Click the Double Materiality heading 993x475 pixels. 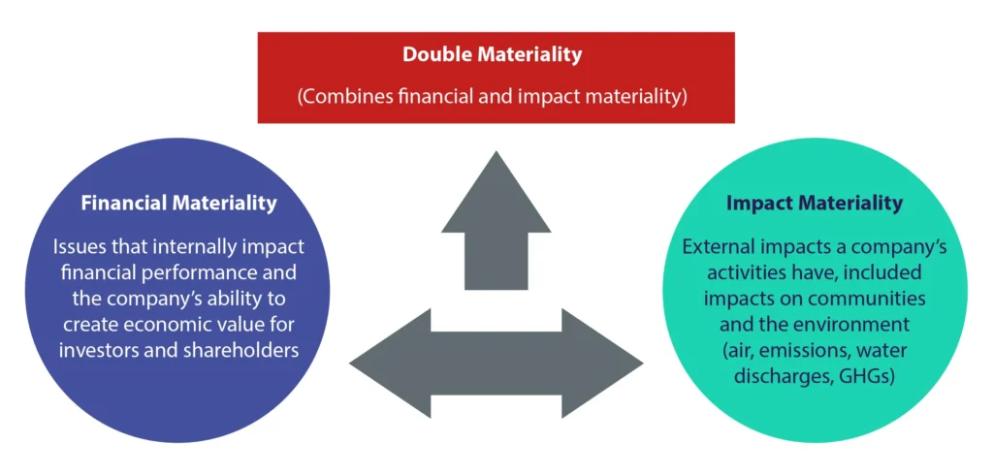pos(493,54)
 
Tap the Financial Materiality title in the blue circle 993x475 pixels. pos(178,204)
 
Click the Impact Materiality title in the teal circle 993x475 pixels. pos(814,204)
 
